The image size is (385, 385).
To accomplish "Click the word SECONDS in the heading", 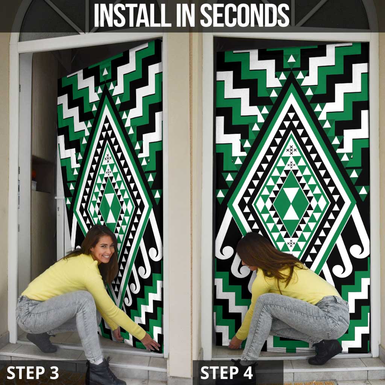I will coord(245,15).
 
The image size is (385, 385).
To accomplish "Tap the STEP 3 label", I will coord(33,373).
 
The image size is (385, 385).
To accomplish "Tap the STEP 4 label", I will coord(227,373).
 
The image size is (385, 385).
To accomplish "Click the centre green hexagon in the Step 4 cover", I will coord(291,203).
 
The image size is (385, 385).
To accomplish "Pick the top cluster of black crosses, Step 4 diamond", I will coord(291,150).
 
